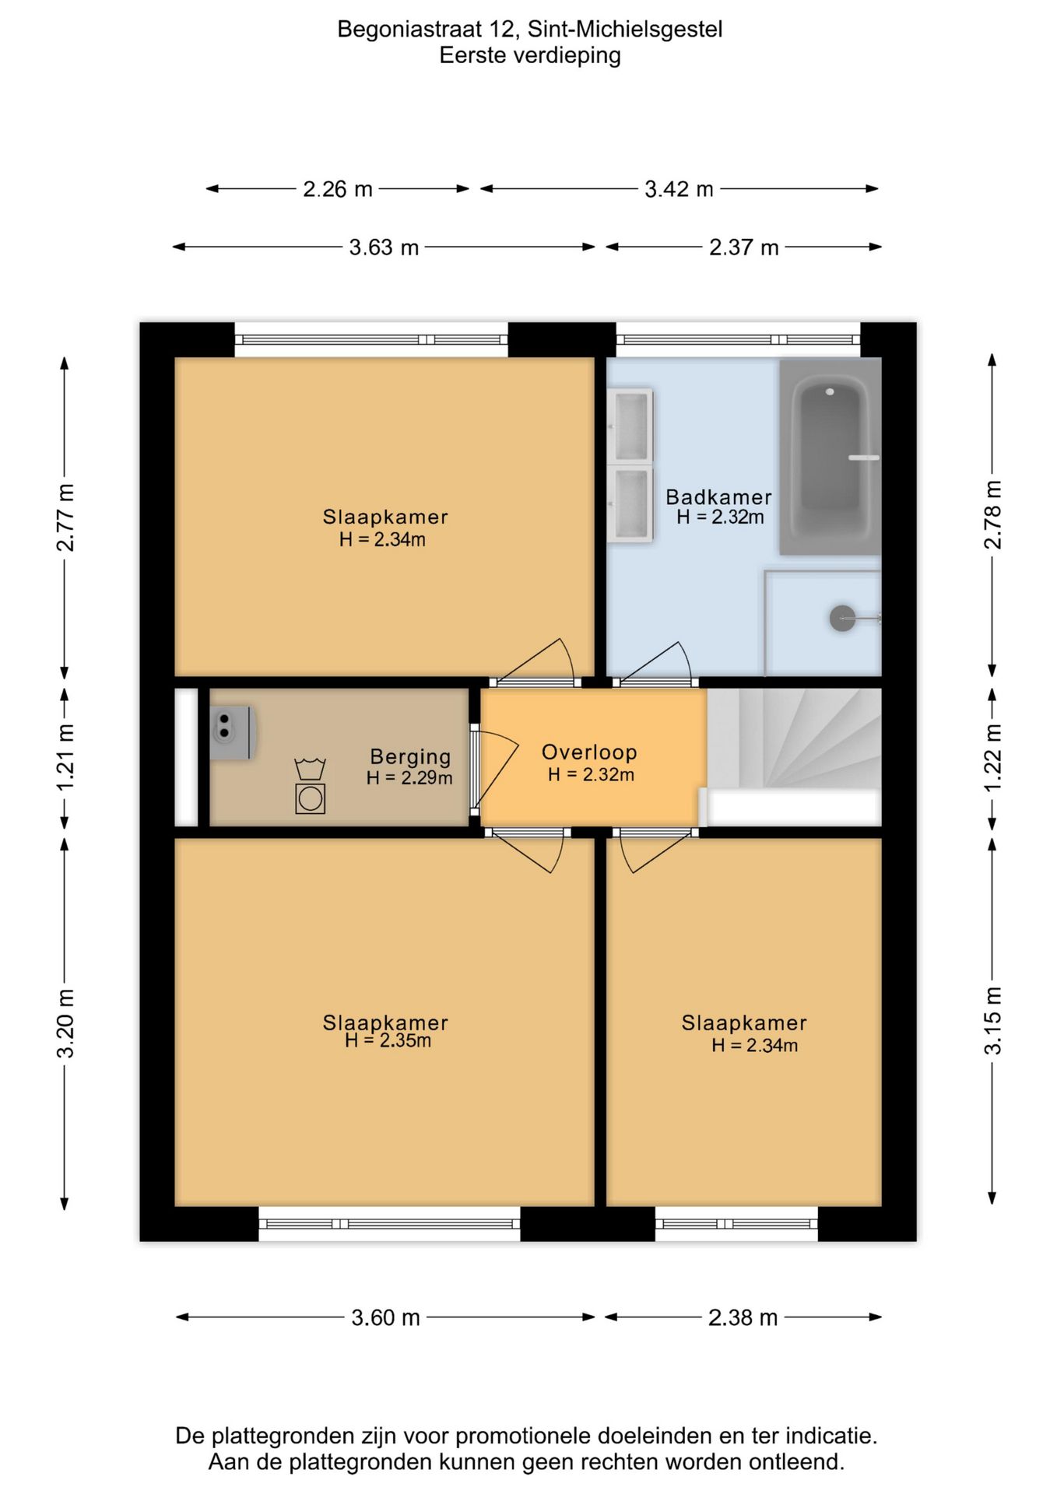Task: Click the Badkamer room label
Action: click(718, 496)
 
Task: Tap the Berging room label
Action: click(410, 756)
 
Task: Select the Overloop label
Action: click(589, 752)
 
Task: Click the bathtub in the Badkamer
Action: click(830, 457)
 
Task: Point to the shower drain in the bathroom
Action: click(842, 619)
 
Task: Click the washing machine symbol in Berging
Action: click(310, 798)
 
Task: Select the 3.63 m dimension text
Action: click(384, 247)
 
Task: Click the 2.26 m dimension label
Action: click(338, 189)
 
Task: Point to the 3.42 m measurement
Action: click(679, 189)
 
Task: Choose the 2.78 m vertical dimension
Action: click(993, 514)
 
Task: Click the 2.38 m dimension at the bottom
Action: click(743, 1317)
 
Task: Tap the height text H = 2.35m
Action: click(388, 1040)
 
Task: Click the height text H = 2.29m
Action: click(409, 777)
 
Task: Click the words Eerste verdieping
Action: click(530, 55)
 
